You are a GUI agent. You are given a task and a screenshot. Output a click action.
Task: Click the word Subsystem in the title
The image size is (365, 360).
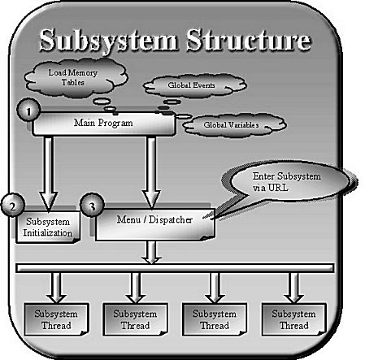coord(108,41)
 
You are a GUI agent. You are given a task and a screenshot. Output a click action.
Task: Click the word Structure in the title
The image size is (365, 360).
coord(249,39)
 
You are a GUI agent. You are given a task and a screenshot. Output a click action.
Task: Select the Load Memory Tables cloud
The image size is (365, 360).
coord(76,77)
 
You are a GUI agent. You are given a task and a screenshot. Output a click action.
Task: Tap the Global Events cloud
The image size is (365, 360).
coord(194,85)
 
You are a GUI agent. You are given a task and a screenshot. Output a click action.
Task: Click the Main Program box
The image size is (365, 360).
coord(104,124)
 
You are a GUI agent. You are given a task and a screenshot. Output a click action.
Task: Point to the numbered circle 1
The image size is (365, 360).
coord(28,111)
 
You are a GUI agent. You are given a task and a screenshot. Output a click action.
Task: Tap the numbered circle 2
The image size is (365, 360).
coord(13,206)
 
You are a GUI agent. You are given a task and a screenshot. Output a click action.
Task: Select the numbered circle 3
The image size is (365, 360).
coord(93,206)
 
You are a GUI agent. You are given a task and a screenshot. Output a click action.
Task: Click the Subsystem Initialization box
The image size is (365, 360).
coord(48,227)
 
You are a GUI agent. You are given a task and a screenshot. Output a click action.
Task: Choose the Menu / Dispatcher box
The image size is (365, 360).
coord(155,224)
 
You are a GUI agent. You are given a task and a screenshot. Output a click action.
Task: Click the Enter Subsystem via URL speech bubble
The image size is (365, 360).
coord(290,181)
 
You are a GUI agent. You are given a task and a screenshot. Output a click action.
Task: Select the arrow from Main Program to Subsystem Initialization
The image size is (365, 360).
coord(48,173)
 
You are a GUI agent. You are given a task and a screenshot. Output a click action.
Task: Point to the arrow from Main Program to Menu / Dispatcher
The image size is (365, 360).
coord(151,172)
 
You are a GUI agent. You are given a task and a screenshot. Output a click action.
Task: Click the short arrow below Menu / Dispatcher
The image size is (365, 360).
coord(152,252)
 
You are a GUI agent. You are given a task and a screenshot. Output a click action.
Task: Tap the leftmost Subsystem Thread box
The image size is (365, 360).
coord(57,319)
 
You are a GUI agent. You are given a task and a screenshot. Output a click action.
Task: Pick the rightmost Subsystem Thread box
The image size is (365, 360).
coord(293,319)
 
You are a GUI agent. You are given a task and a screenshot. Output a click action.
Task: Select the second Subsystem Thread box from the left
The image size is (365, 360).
coord(135,319)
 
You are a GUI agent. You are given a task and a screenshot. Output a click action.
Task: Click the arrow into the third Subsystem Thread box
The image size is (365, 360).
coord(215,288)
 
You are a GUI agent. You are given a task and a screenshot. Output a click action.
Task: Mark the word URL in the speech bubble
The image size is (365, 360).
coord(278,187)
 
